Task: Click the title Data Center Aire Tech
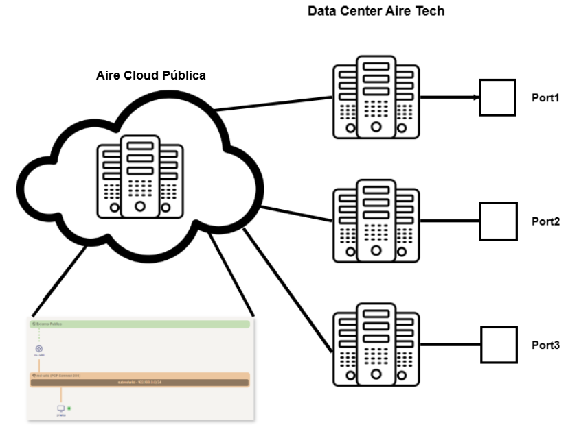(x=376, y=11)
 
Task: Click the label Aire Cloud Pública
(x=150, y=75)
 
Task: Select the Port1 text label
(x=546, y=97)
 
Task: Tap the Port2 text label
(x=546, y=221)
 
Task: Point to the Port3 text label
(x=546, y=345)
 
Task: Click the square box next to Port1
(x=497, y=97)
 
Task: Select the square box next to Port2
(x=497, y=221)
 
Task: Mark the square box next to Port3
(x=497, y=344)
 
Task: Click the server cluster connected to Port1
(x=376, y=97)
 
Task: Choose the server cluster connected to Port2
(x=376, y=221)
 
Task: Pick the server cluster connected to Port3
(x=376, y=344)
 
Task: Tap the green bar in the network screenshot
(x=139, y=324)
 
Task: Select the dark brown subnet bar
(x=139, y=382)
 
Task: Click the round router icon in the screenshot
(x=39, y=349)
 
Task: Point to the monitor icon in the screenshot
(x=60, y=409)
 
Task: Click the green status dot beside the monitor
(x=69, y=409)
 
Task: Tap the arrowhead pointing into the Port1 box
(x=475, y=97)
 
